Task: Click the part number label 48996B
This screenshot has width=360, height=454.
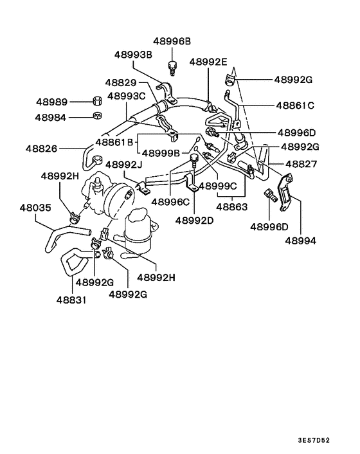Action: (172, 41)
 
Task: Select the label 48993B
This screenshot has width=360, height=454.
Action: (134, 55)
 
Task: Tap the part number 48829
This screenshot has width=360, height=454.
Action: (122, 84)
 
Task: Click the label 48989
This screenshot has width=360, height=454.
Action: (51, 102)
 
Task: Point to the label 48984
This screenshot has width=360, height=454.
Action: (51, 118)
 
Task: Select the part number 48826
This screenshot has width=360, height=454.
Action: (42, 149)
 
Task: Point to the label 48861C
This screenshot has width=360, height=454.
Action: (295, 105)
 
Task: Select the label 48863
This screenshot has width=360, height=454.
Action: (231, 208)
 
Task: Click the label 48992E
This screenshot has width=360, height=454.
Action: (208, 62)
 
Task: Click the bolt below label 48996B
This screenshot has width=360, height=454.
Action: (172, 66)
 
